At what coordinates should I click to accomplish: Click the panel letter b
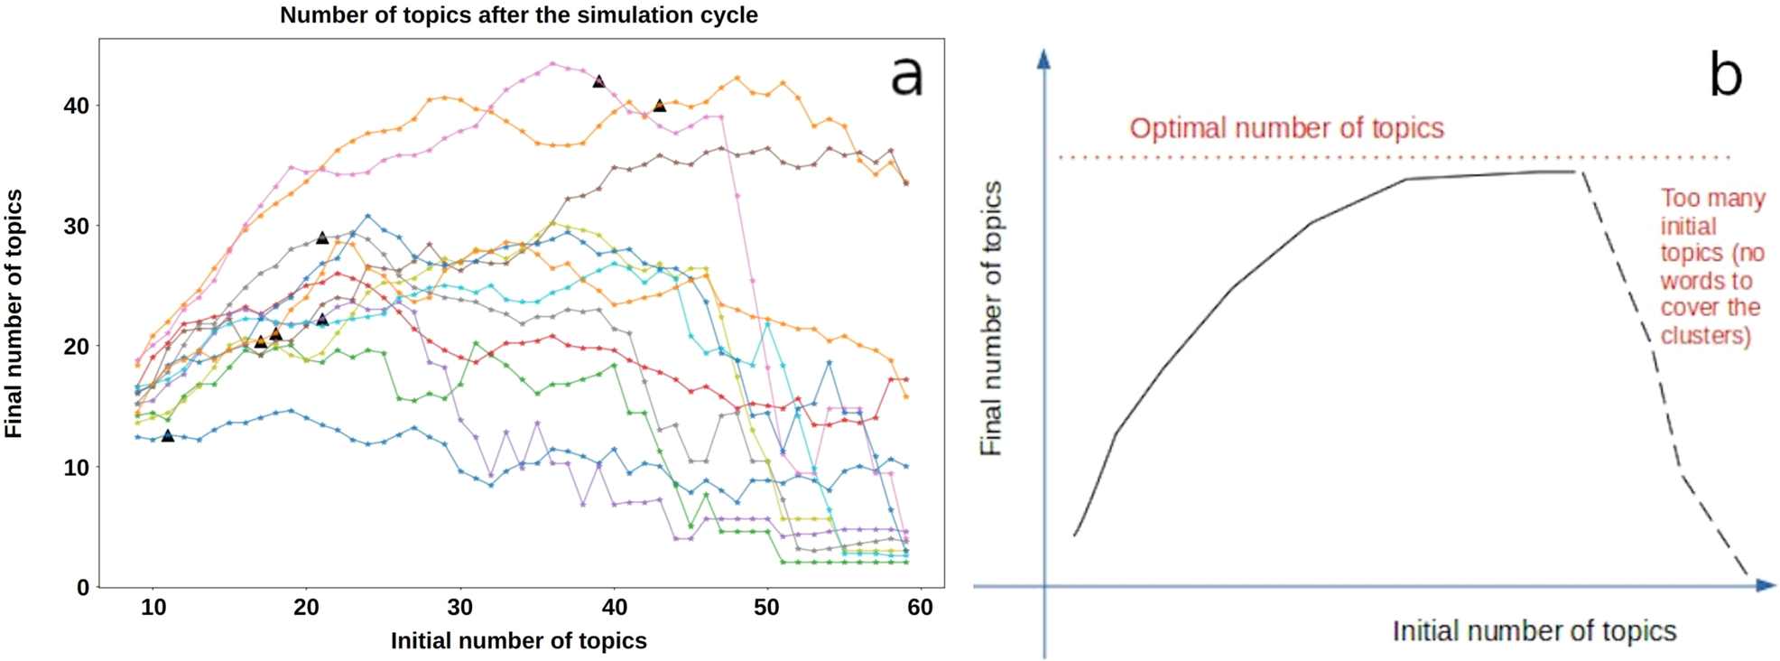coord(1725,76)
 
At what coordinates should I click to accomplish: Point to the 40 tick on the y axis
coord(76,106)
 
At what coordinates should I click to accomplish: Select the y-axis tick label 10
coord(76,468)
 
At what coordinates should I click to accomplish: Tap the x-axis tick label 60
coord(920,608)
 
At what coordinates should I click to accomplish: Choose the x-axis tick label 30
coord(460,608)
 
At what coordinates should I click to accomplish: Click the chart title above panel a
coord(518,15)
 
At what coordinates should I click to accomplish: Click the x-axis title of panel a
coord(518,641)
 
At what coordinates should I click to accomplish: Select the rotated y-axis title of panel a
coord(14,313)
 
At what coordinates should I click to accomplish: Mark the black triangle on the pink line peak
coord(598,81)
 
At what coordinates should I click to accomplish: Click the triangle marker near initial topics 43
coord(660,106)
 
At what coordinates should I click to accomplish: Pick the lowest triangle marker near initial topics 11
coord(168,435)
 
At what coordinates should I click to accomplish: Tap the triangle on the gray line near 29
coord(322,237)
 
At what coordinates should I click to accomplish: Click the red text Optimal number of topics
coord(1286,128)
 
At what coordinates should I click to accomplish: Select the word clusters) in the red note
coord(1705,336)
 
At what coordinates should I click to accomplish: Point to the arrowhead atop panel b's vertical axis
coord(1044,60)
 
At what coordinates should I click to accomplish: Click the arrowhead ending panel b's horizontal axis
coord(1765,586)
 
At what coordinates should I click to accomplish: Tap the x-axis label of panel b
coord(1534,630)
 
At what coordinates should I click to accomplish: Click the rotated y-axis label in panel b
coord(991,318)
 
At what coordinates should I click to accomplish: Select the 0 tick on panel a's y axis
coord(83,588)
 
